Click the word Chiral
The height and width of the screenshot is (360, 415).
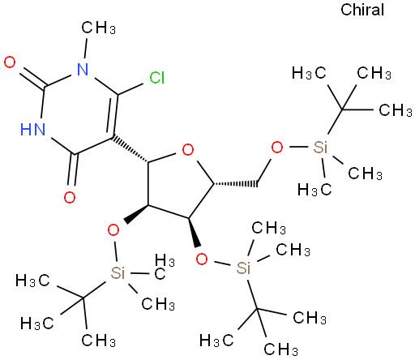click(362, 10)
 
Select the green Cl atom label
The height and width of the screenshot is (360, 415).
click(157, 78)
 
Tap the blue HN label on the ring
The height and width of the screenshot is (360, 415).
click(33, 129)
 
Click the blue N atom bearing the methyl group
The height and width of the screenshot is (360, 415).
click(83, 69)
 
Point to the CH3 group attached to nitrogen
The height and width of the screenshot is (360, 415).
click(99, 28)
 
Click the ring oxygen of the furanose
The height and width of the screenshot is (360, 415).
click(188, 150)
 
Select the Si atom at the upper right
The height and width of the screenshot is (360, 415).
click(321, 148)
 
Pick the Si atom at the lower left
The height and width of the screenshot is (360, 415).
click(118, 272)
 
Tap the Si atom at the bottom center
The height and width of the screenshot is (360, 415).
click(243, 268)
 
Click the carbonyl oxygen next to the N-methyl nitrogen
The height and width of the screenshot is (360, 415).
click(10, 62)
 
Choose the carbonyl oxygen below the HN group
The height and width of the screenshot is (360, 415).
click(70, 197)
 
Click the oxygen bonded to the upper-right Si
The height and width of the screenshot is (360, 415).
click(277, 148)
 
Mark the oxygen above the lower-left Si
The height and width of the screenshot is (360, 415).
click(113, 230)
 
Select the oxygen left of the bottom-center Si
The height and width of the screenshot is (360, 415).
click(202, 259)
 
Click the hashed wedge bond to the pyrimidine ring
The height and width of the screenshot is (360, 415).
click(130, 149)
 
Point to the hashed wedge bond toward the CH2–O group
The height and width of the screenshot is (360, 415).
click(235, 184)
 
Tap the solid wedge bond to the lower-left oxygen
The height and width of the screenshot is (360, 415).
click(136, 213)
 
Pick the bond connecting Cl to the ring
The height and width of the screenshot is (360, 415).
click(130, 89)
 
